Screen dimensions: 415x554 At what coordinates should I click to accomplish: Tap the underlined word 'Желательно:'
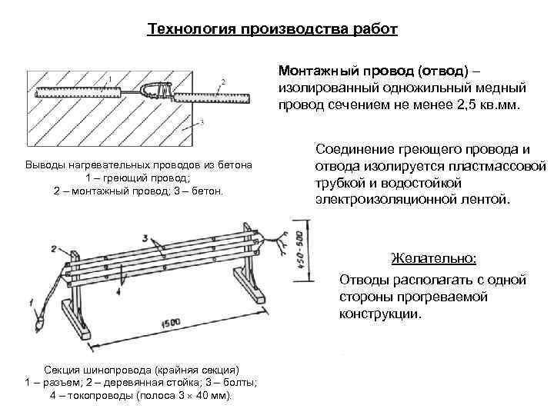click(433, 257)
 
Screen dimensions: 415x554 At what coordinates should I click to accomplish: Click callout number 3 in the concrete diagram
click(201, 121)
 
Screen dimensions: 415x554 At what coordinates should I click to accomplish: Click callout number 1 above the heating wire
click(109, 78)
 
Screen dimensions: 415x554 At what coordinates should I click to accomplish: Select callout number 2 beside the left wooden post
click(53, 248)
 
